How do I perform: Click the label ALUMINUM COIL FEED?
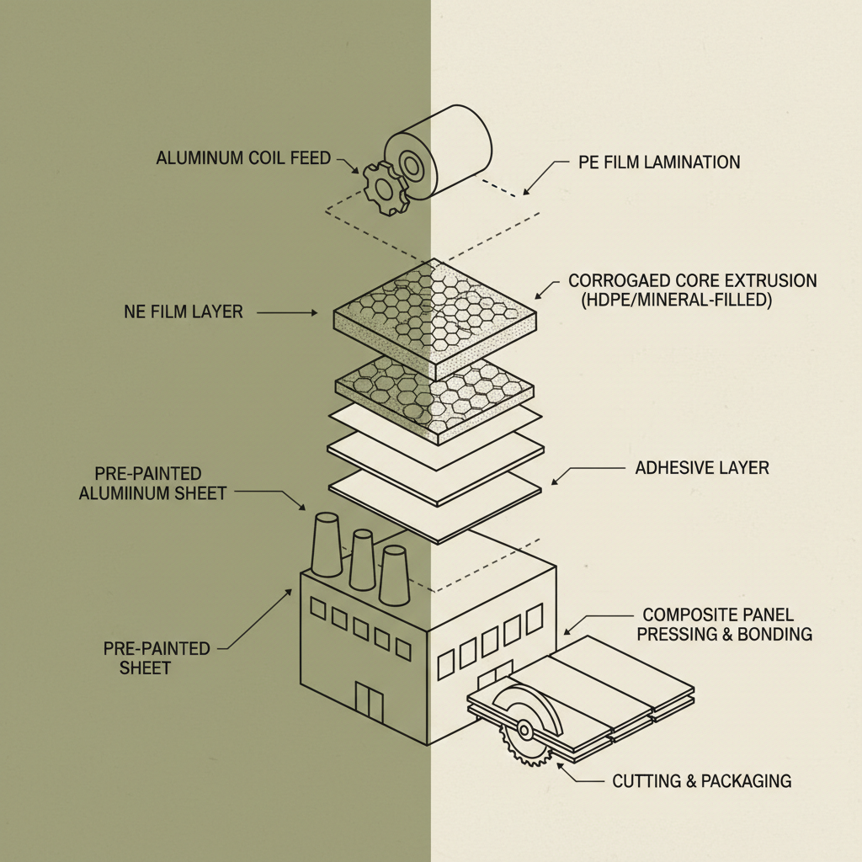pos(243,158)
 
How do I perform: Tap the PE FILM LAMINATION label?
pos(659,162)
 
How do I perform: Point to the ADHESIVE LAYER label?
pos(701,467)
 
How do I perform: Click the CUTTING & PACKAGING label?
pos(701,781)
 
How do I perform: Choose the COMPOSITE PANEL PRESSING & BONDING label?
pos(724,625)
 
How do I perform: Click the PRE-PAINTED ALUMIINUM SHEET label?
pos(152,483)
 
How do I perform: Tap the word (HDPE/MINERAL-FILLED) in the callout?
pos(676,299)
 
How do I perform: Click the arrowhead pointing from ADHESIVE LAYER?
pos(555,482)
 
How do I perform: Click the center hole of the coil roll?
pos(411,164)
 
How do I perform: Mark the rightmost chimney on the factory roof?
pos(393,574)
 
